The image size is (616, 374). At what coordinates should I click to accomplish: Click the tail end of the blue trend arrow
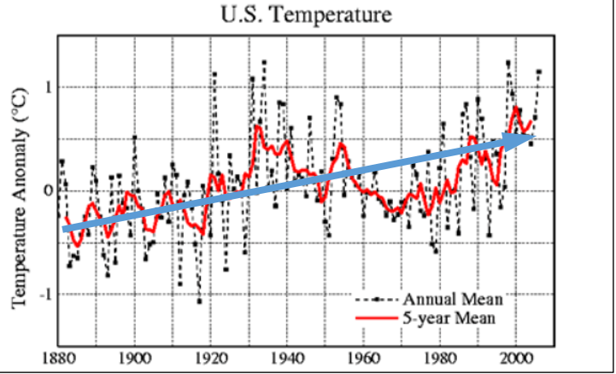pyautogui.click(x=65, y=228)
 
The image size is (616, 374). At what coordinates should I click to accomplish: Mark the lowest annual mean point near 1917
pyautogui.click(x=200, y=301)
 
